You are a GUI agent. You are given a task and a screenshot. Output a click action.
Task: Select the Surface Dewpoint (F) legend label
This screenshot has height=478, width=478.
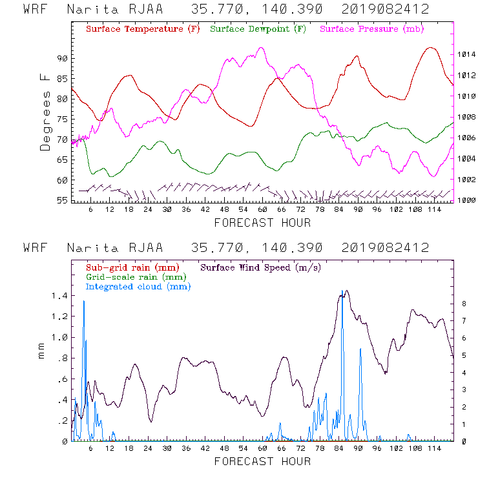coord(258,30)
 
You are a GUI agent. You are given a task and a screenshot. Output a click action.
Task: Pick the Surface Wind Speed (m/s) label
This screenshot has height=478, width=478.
coord(261,267)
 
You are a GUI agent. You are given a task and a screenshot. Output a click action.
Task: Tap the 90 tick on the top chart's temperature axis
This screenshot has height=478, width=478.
coord(62,58)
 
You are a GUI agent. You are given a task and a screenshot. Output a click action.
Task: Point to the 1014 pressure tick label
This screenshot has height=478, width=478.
coord(466,55)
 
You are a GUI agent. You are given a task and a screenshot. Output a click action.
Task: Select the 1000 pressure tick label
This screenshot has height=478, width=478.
coord(466,200)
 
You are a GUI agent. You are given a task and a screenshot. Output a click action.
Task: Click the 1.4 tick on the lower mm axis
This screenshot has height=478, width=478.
coord(59,295)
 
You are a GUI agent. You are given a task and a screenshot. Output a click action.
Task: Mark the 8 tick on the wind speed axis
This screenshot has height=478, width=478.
coord(463,302)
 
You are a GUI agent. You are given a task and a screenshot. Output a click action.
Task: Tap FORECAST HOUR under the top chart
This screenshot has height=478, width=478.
coord(262,223)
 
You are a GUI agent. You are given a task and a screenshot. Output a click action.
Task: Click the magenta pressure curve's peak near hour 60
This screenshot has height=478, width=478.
coord(261,48)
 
